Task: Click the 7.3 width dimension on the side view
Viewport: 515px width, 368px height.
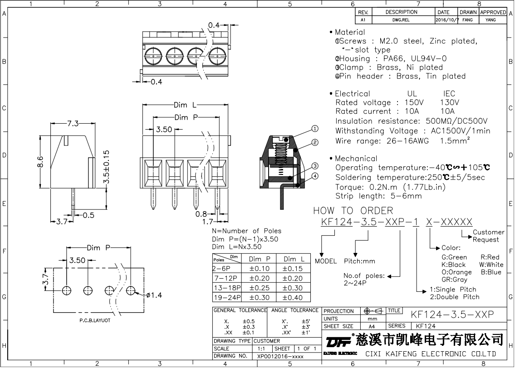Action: (73, 123)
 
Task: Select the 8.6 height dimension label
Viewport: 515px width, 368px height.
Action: (40, 162)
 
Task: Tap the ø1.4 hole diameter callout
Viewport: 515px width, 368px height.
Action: (154, 295)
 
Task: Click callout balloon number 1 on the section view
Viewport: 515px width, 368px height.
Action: (314, 129)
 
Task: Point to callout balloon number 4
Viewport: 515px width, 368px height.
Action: (314, 176)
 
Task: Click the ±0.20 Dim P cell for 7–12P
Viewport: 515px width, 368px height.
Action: (259, 278)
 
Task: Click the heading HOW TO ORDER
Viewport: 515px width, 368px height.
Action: (353, 211)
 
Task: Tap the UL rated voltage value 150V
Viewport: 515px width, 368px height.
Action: (414, 102)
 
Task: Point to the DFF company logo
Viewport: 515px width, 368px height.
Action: (338, 341)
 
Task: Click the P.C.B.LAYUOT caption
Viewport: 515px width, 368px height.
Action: (95, 320)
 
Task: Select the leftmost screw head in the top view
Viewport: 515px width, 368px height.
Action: (153, 56)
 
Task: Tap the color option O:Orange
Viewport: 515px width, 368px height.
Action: (456, 272)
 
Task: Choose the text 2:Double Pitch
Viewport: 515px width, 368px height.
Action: (455, 297)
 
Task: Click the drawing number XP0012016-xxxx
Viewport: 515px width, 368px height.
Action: (280, 356)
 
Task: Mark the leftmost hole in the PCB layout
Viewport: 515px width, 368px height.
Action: (67, 290)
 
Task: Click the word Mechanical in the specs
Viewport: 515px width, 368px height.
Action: (356, 159)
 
